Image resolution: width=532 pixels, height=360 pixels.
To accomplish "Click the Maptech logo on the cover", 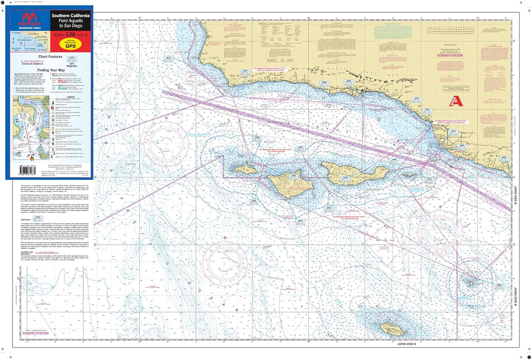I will tap(29, 20).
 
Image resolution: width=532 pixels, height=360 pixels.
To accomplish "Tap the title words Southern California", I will tap(70, 16).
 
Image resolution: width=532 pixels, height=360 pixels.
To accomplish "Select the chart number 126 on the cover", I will tap(70, 34).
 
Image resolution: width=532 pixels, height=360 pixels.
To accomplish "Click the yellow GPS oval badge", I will tap(71, 45).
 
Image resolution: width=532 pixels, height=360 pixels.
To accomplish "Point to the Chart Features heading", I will tap(50, 57).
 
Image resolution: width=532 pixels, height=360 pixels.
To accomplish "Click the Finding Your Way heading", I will tap(51, 70).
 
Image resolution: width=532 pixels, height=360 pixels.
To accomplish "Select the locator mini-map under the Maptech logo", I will tap(29, 41).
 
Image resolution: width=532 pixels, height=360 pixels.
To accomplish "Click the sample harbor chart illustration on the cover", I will tap(31, 129).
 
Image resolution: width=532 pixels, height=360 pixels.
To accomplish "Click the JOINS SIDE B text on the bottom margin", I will tap(406, 344).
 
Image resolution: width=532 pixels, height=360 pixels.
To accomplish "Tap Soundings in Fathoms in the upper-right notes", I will tap(450, 55).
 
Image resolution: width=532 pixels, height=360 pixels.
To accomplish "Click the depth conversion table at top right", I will tap(451, 31).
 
